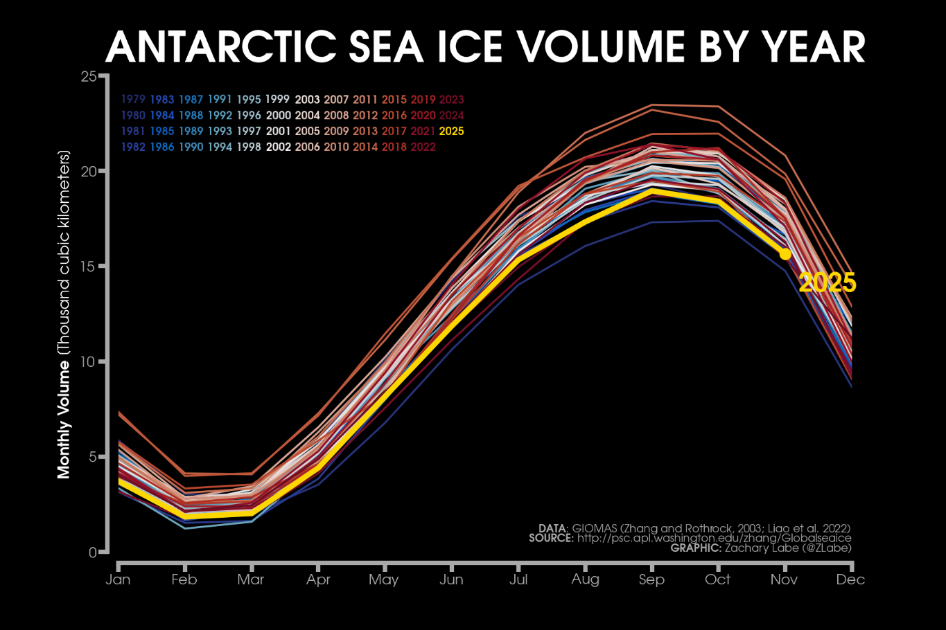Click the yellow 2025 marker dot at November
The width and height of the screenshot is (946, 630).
(785, 254)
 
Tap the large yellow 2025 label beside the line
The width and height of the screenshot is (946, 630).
(827, 283)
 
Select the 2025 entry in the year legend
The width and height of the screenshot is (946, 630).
(452, 132)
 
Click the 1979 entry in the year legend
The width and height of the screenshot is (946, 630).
(133, 100)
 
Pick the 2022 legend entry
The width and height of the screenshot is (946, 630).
(423, 147)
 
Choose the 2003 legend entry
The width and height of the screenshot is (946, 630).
(307, 100)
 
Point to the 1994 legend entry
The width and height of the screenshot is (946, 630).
(220, 147)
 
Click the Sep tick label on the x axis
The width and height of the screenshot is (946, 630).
(651, 579)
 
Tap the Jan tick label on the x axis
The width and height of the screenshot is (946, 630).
(118, 579)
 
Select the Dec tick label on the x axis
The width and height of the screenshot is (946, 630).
(850, 579)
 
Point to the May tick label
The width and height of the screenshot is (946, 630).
(383, 579)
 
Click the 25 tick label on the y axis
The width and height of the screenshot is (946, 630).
(89, 76)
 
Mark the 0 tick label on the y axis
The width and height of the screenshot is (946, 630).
(93, 552)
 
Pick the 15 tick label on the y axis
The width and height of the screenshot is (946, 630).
(89, 267)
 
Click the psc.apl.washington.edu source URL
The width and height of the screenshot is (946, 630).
(714, 538)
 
